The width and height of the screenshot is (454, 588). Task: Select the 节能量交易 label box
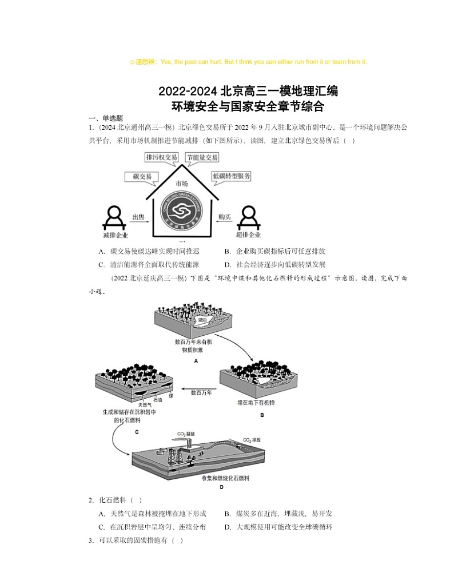pos(202,157)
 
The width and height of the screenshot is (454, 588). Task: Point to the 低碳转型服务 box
pos(231,177)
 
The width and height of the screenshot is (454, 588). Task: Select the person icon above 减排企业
pos(116,217)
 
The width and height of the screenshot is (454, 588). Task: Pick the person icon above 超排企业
pos(248,217)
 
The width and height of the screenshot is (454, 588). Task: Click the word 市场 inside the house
pos(182,183)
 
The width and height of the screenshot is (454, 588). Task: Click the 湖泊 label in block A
pos(201,321)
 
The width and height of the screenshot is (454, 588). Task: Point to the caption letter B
pos(262,415)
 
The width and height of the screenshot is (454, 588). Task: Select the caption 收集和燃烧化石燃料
pos(226,477)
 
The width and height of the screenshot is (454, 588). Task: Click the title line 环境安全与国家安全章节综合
pos(248,106)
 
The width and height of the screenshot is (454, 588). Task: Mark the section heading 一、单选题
pos(102,118)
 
